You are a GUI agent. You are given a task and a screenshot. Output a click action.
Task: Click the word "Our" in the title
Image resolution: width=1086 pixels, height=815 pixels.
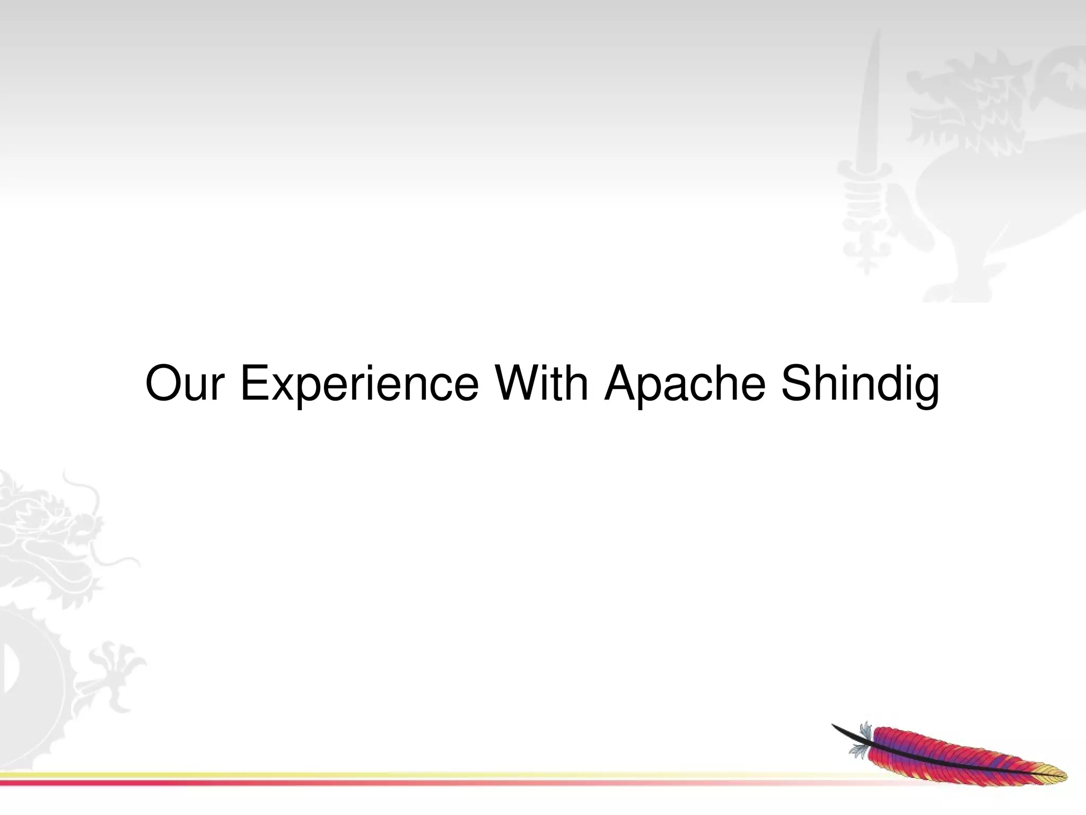[x=183, y=383]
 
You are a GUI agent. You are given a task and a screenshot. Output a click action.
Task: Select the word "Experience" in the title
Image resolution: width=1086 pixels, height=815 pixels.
[x=359, y=383]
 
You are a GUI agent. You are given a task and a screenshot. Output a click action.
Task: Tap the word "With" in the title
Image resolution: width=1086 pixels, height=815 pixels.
[x=541, y=383]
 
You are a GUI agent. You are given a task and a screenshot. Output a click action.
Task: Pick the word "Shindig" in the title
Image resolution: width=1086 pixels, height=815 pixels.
[x=860, y=383]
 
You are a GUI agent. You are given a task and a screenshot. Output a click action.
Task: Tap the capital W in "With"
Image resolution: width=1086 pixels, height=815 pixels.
[x=512, y=383]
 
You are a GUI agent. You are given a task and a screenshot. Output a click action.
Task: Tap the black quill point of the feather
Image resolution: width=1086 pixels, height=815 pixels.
[x=838, y=727]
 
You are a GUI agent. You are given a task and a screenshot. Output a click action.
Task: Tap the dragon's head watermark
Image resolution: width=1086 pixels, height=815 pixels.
[x=48, y=525]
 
